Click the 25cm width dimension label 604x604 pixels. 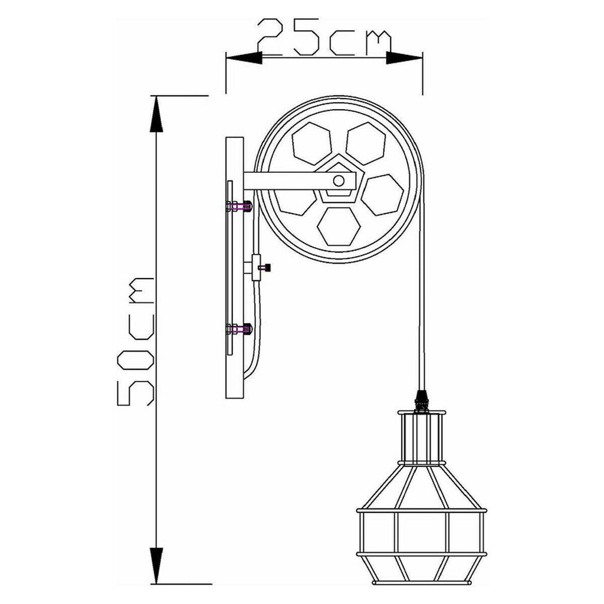[324, 37]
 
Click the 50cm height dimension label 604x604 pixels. [136, 342]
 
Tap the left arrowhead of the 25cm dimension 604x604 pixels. [244, 58]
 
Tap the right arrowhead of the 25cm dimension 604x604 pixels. [405, 58]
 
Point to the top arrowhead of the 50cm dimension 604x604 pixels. [156, 114]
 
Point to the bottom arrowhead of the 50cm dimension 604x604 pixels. [156, 566]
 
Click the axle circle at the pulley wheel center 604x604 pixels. [339, 180]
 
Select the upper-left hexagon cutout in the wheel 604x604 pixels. [311, 143]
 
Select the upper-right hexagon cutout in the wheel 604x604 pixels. [366, 143]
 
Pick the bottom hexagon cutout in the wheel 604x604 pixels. [339, 226]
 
